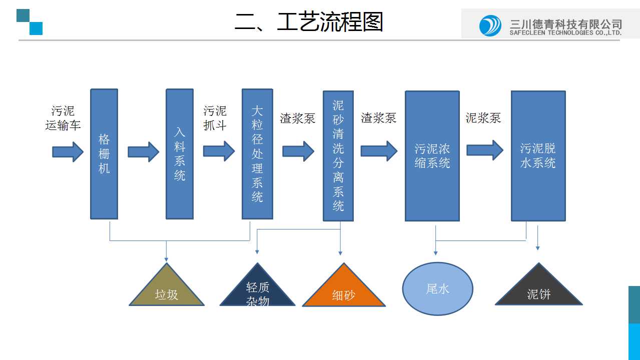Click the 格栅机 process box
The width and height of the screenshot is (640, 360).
[x=104, y=154]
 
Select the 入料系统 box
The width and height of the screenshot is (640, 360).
[x=180, y=154]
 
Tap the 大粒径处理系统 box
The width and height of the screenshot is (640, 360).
[x=257, y=154]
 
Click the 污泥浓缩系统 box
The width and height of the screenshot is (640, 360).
[x=432, y=156]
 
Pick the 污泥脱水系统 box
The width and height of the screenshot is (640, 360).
[x=538, y=156]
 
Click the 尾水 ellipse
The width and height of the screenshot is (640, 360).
[x=438, y=288]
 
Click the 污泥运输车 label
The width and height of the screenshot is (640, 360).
[x=63, y=118]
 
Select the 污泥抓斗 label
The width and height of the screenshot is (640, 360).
[x=215, y=118]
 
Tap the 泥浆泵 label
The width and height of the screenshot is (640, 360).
[x=483, y=118]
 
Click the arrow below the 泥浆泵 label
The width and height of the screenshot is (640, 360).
[x=484, y=150]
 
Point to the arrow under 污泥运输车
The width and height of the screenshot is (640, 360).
[x=68, y=151]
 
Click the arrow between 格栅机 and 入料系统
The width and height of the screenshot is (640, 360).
[x=143, y=151]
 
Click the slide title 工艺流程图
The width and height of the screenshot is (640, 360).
[x=309, y=22]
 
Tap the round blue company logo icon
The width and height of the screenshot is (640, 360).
[x=490, y=25]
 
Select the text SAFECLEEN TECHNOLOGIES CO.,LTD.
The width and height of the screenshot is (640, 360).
[x=565, y=33]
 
